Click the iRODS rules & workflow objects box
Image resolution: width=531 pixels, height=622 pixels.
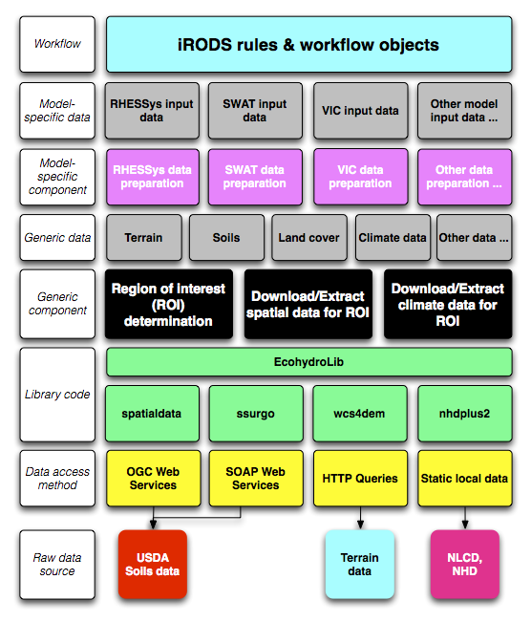(x=308, y=44)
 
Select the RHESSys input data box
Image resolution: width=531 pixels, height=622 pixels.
(x=152, y=111)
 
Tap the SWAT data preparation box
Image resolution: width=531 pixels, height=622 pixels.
(x=255, y=177)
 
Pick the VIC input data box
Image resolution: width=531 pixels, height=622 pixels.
(x=360, y=111)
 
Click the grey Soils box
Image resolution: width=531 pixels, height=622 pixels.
(x=226, y=238)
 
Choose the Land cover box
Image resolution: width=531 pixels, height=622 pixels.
(x=308, y=238)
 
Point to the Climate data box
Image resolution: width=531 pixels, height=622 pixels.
(x=393, y=238)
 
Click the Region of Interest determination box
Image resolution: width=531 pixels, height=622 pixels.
(x=168, y=304)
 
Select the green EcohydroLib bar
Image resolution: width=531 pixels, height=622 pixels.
(x=308, y=362)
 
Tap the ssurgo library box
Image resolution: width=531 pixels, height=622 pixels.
(x=256, y=414)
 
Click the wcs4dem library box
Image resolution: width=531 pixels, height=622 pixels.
(x=360, y=414)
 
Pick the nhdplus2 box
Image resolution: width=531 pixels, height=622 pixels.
(x=465, y=414)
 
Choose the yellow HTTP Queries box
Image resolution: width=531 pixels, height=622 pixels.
(x=360, y=479)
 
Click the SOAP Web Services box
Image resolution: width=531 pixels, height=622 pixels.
(x=256, y=479)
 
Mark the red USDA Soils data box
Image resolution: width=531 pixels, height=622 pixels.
(x=153, y=564)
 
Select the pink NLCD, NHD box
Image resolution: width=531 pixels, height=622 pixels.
(x=465, y=564)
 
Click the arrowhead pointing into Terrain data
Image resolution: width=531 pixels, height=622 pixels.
(x=360, y=525)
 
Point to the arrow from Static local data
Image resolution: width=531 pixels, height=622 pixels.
(x=465, y=518)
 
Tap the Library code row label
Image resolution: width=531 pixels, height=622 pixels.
(x=57, y=395)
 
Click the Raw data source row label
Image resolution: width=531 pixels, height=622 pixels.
(x=57, y=565)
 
